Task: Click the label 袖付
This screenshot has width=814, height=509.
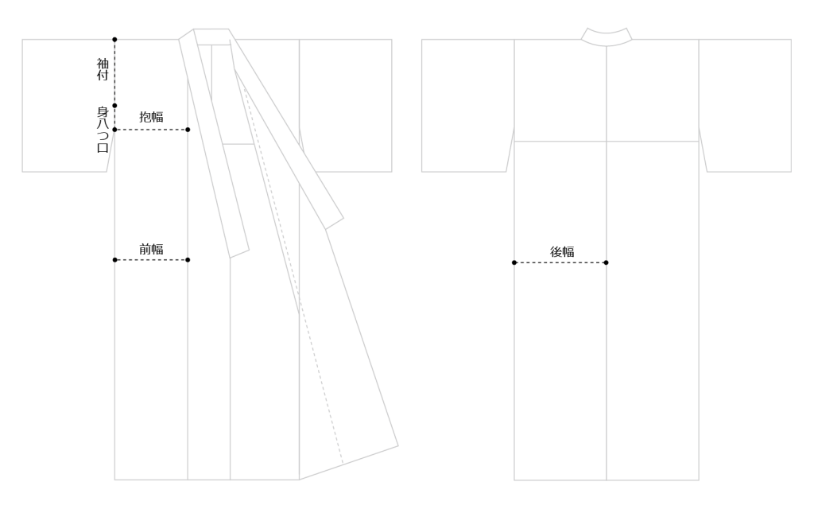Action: [x=103, y=69]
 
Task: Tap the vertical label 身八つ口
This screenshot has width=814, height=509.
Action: [x=103, y=130]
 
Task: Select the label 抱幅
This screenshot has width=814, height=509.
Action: [x=151, y=117]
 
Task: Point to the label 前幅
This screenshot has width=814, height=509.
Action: [x=151, y=249]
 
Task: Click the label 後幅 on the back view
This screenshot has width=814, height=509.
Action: [x=562, y=252]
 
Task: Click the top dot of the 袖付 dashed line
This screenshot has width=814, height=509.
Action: [x=114, y=40]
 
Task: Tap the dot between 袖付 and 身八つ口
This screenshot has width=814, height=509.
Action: [x=114, y=106]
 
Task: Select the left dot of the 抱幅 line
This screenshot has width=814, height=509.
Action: [x=114, y=130]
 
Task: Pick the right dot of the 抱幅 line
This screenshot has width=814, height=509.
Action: [x=188, y=130]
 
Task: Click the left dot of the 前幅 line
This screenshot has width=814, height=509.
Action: [x=114, y=260]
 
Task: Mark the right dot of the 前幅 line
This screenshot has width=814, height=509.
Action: [x=188, y=260]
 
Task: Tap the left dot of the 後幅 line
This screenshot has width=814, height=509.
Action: [x=514, y=262]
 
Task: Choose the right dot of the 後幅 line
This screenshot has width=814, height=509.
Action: [x=606, y=262]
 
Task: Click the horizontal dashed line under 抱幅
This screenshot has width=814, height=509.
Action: [x=151, y=130]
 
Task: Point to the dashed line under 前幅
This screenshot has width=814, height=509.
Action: [x=151, y=260]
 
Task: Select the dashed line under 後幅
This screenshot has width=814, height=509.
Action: [x=560, y=262]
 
